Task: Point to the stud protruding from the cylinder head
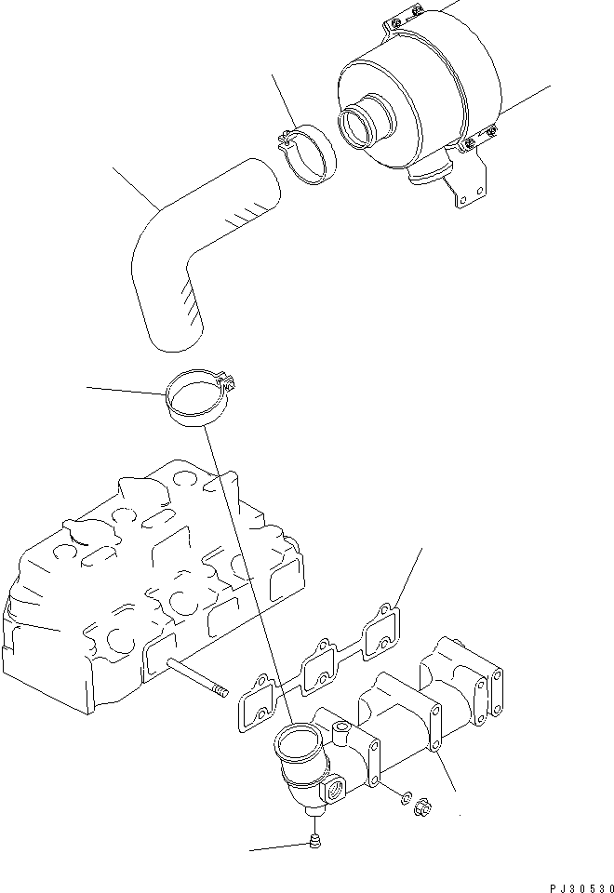(196, 675)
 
